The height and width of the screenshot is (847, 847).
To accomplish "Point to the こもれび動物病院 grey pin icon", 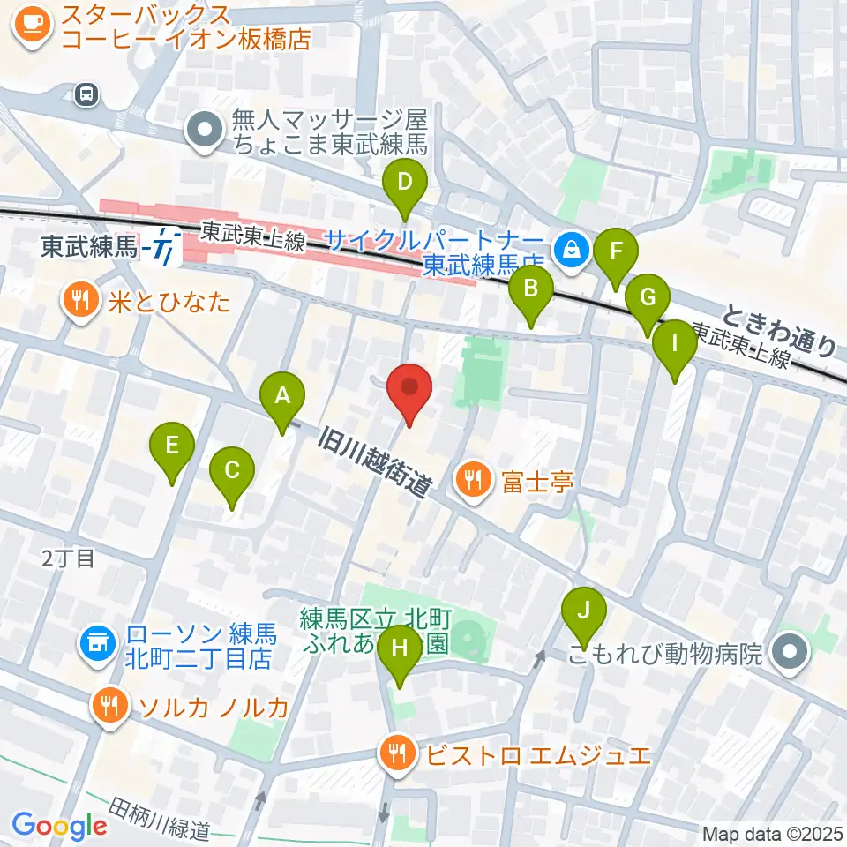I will pyautogui.click(x=790, y=654).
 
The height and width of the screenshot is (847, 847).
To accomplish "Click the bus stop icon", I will pyautogui.click(x=86, y=94).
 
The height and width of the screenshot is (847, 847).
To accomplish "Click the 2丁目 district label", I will pyautogui.click(x=67, y=558).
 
